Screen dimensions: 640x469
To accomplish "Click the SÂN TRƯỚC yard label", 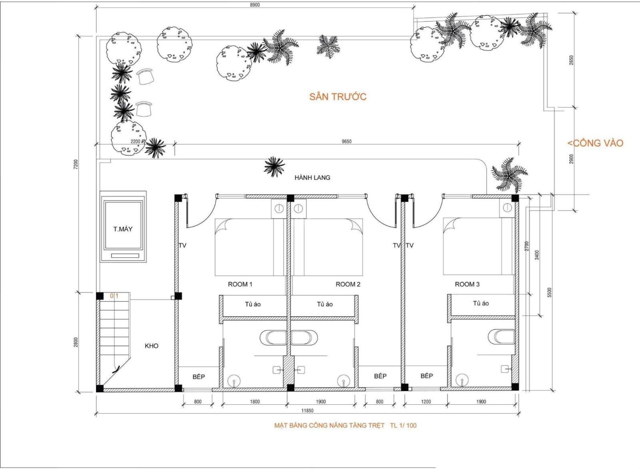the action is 338,96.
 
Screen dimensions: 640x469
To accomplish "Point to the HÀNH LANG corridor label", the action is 312,178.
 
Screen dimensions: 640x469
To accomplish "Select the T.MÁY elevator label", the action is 123,229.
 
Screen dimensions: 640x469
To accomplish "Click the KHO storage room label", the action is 152,346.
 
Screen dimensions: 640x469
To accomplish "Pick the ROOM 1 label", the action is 240,284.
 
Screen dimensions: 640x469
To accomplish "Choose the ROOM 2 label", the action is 348,284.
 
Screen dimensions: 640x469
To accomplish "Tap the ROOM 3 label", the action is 467,284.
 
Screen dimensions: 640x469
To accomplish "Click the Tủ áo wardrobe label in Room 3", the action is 481,303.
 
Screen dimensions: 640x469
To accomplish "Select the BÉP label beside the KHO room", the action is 198,377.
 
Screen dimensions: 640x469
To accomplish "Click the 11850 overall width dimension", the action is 307,411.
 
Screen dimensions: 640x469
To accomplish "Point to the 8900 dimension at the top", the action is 254,5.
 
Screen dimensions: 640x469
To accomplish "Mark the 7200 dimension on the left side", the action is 76,165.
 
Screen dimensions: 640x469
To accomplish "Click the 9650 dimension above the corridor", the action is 346,141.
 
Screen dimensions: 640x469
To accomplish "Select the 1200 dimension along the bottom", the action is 426,401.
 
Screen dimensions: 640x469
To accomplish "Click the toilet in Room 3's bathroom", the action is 502,337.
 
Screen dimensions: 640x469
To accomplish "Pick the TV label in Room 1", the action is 182,245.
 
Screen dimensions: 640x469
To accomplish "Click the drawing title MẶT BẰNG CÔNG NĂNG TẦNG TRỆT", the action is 329,425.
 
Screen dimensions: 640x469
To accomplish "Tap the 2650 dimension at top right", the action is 571,60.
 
